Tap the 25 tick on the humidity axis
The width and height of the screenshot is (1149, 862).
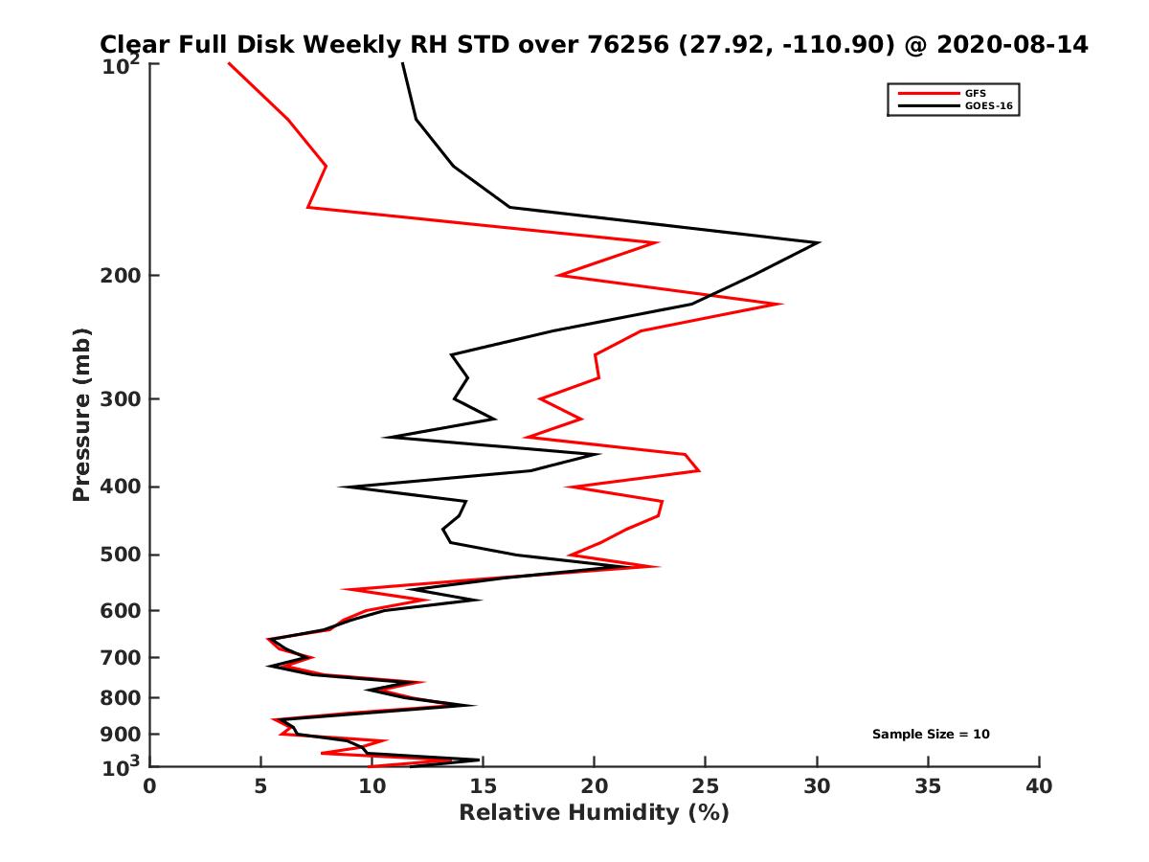(x=706, y=786)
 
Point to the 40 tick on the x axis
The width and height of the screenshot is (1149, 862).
(x=1039, y=786)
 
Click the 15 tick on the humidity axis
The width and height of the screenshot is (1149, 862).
(x=484, y=786)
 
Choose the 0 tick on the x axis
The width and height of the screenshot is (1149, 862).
(x=150, y=786)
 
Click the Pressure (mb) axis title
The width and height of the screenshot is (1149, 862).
(x=81, y=415)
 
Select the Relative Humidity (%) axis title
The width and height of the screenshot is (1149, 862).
(x=594, y=813)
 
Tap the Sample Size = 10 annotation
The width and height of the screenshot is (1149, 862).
(x=931, y=735)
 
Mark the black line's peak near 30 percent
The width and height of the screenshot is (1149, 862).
(x=819, y=242)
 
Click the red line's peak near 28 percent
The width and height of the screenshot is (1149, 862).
(x=781, y=305)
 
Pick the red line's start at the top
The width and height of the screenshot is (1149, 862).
(x=228, y=63)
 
